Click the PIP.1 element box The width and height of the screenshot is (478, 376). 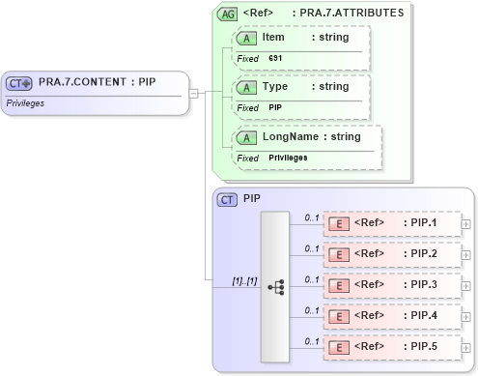[x=391, y=224]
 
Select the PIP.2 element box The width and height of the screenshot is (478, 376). [x=391, y=255]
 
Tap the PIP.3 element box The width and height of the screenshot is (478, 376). [x=391, y=286]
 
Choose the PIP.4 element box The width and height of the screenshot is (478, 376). [x=391, y=317]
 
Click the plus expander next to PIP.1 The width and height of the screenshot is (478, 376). [x=466, y=224]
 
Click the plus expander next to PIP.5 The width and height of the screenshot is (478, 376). [x=466, y=348]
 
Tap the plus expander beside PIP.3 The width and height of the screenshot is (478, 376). [x=466, y=286]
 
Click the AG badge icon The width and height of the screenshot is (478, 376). [x=228, y=14]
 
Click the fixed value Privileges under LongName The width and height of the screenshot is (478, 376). [x=288, y=158]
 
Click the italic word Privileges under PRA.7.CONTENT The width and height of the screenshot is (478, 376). [x=26, y=102]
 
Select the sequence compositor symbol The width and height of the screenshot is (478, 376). [x=275, y=286]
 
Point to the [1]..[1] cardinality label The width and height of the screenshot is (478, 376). [x=244, y=281]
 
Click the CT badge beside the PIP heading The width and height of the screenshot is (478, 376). [x=228, y=199]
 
